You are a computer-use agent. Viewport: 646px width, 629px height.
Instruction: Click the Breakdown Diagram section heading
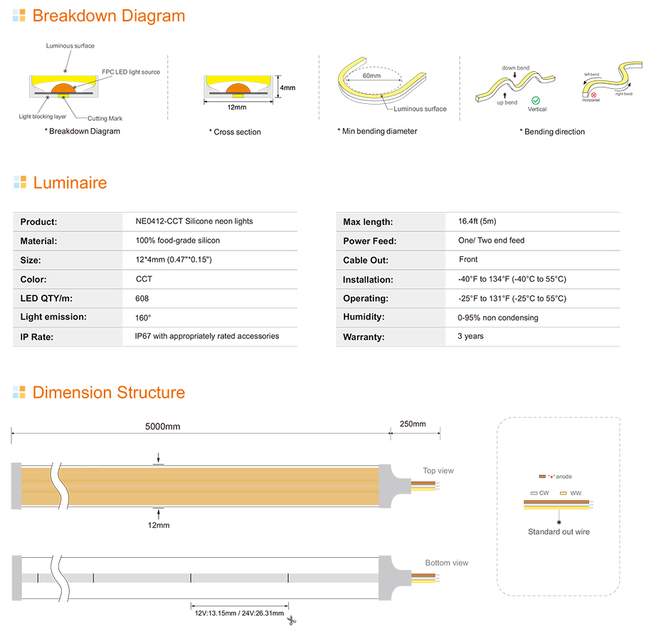108,16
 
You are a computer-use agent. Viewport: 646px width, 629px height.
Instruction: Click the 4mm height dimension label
287,88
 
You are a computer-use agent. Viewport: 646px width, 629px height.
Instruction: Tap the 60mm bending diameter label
371,75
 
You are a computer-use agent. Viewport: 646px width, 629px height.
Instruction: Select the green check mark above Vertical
536,102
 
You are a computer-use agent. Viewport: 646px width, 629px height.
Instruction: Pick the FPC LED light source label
130,72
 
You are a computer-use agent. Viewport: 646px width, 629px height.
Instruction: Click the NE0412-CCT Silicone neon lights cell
194,221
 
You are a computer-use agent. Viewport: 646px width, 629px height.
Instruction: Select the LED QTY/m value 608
142,298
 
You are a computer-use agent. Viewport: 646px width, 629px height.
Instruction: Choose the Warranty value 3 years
470,337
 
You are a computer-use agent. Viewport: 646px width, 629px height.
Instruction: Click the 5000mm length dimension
162,427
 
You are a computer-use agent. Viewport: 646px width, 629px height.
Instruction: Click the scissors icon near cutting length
291,620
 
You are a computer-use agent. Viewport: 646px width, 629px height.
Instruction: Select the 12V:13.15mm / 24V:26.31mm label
239,613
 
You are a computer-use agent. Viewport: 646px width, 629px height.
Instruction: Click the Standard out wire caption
558,532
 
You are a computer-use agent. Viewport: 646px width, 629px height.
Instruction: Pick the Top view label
438,470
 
